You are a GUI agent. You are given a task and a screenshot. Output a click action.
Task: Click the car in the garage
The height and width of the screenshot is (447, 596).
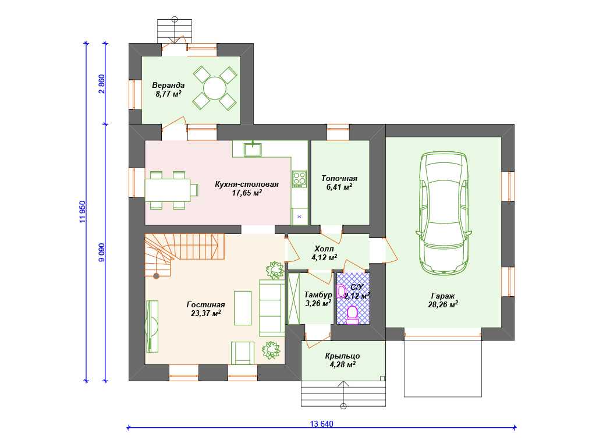tap(444, 213)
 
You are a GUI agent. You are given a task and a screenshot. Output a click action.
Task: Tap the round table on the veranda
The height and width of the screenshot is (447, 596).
tap(215, 88)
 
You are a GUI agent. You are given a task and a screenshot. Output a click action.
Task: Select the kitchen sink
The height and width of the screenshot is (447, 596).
tap(253, 149)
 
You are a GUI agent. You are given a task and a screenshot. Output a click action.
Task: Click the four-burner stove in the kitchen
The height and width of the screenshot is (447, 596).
tap(299, 179)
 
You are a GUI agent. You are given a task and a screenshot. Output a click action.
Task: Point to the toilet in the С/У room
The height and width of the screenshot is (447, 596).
tap(352, 315)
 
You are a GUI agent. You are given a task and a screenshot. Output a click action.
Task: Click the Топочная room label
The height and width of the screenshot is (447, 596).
tap(339, 178)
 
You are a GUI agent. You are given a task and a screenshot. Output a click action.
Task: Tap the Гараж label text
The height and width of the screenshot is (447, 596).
tap(443, 296)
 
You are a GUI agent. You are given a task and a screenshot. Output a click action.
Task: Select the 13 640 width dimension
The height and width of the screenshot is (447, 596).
tap(321, 424)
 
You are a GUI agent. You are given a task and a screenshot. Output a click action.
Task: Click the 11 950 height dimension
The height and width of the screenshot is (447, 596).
tap(83, 212)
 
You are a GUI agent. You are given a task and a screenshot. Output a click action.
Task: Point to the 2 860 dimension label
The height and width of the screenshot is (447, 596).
tap(101, 84)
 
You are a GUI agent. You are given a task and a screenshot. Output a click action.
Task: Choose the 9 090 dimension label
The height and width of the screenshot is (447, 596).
tap(101, 253)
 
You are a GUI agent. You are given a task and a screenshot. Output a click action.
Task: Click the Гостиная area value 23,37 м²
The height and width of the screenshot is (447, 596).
tap(205, 313)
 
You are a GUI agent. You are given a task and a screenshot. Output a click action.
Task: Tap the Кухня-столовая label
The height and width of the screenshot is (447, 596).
tap(247, 184)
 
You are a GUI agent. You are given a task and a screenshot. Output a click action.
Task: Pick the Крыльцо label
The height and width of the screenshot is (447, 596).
tap(342, 356)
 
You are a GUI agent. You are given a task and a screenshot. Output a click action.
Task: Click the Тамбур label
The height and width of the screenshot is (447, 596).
tap(318, 295)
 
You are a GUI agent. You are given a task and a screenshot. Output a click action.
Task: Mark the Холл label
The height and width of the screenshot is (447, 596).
tap(324, 249)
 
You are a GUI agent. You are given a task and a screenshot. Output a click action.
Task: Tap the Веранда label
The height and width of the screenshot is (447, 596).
tap(168, 85)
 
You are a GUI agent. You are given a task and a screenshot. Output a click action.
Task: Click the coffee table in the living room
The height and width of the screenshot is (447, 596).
tap(243, 308)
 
